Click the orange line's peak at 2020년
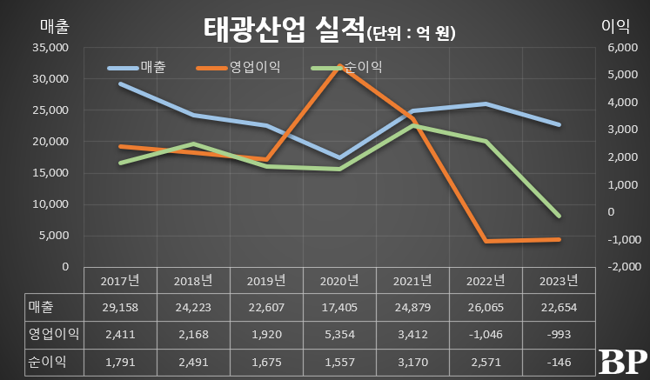(339, 66)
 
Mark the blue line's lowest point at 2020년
(339, 157)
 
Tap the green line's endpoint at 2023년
(558, 216)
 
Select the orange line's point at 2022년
(486, 241)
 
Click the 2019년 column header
(265, 280)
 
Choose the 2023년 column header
(558, 280)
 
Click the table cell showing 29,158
(120, 307)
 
